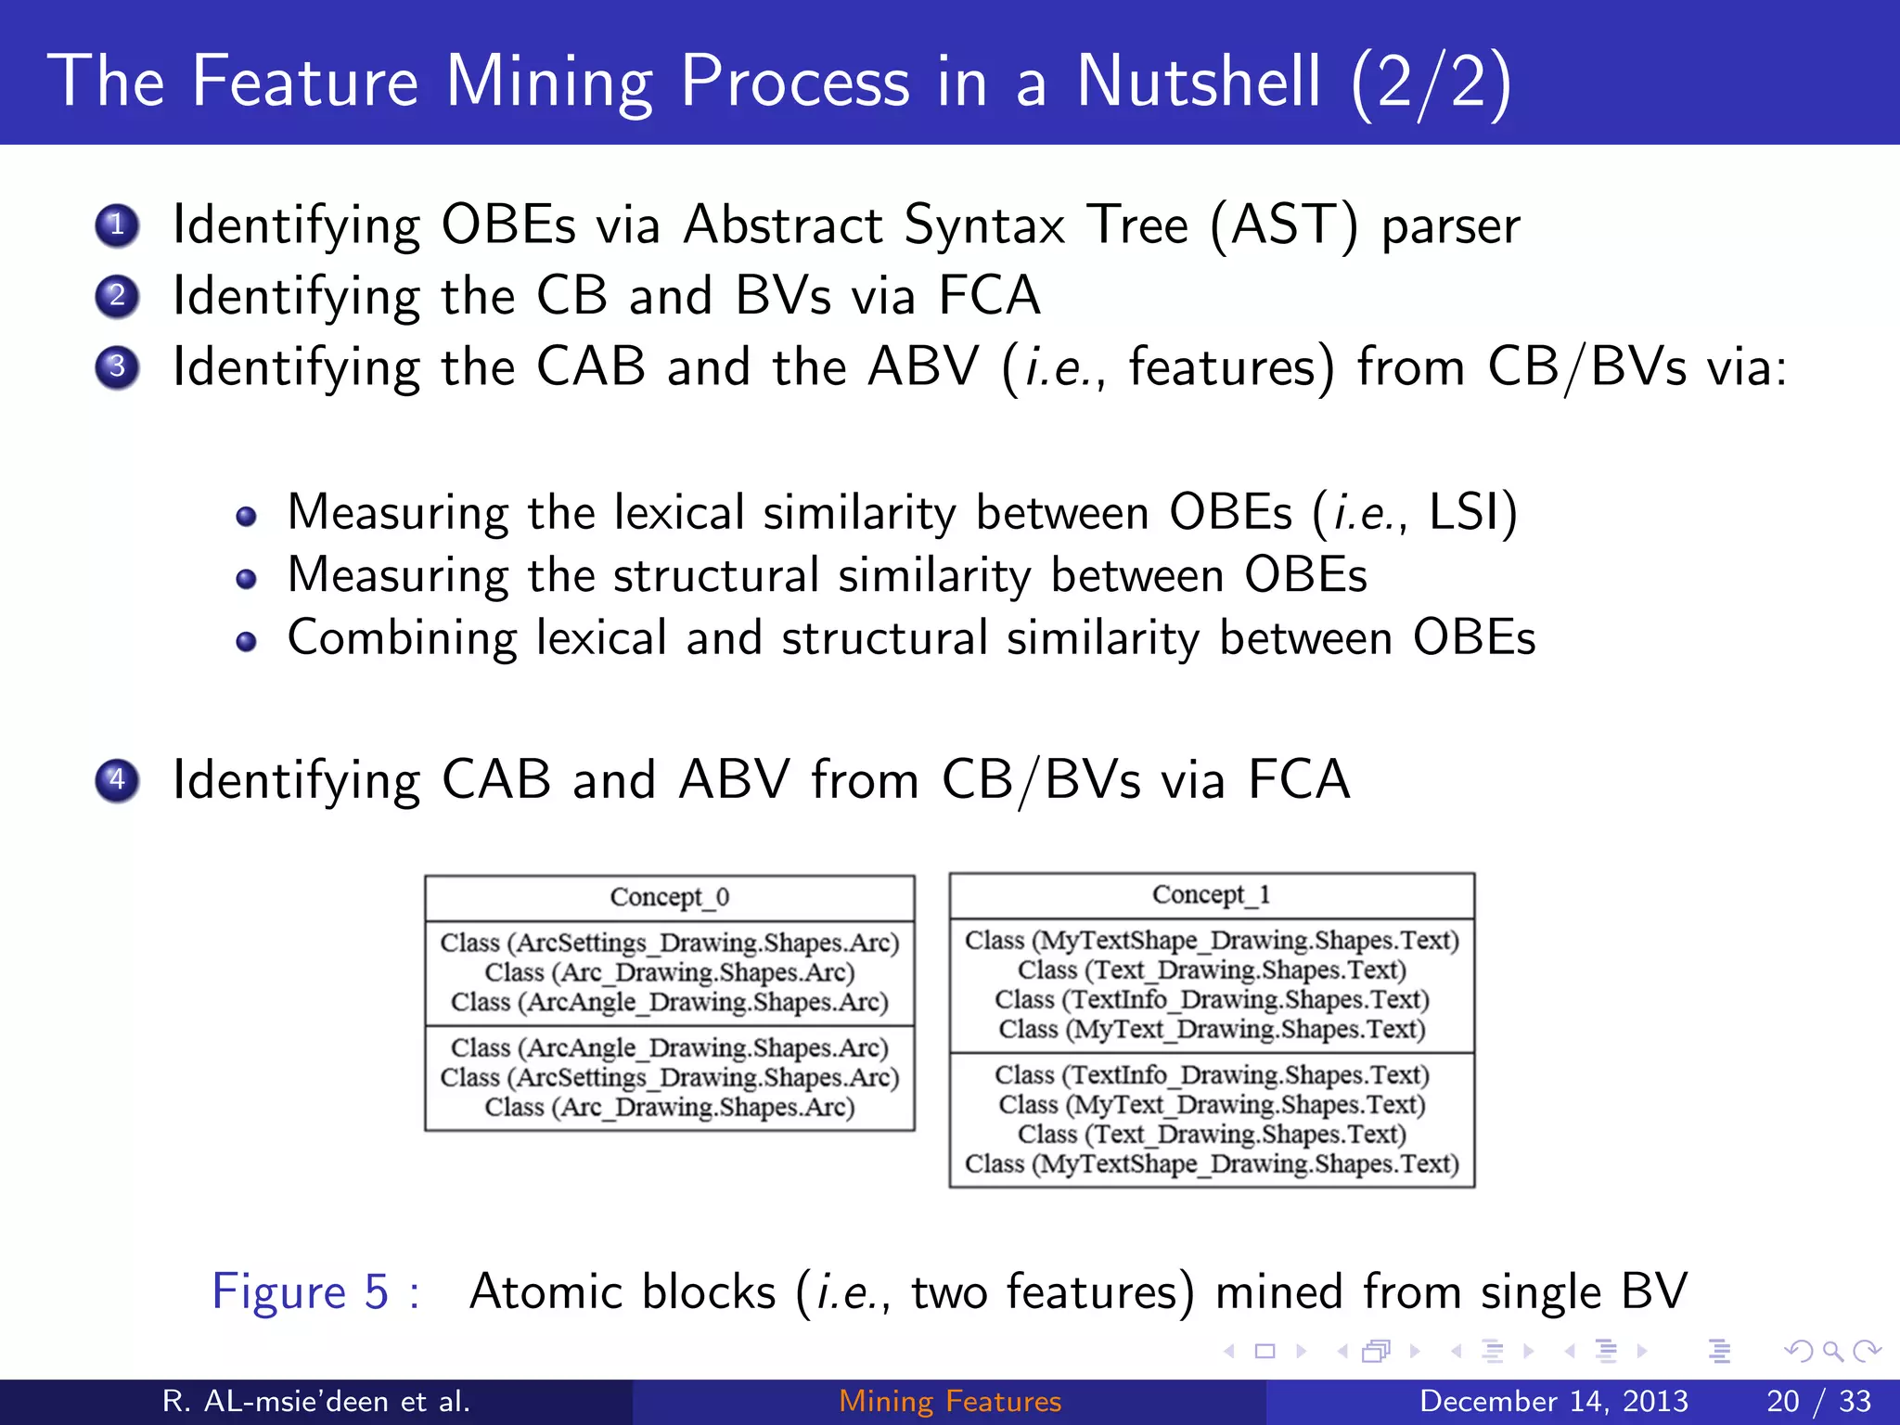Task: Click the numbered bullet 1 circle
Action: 117,225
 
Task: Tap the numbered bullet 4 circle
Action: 117,779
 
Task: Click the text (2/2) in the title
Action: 1431,83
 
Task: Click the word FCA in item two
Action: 989,296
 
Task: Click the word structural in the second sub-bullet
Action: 716,575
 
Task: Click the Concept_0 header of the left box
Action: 669,897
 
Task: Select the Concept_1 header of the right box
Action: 1211,894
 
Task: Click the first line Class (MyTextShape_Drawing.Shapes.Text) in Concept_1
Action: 1212,940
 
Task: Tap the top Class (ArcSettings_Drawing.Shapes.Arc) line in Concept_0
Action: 669,943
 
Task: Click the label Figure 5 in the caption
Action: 301,1291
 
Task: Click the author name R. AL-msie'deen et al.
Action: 315,1401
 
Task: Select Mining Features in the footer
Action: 950,1401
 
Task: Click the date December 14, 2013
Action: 1554,1401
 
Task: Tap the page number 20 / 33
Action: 1818,1401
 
